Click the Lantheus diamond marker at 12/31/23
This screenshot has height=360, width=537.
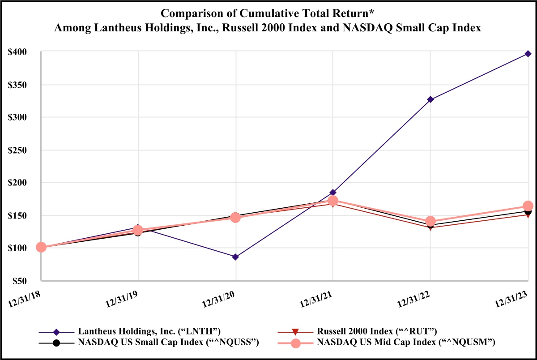pos(528,54)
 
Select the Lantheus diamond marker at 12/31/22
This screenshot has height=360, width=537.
pos(430,99)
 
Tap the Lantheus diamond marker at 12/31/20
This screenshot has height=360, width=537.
pos(235,257)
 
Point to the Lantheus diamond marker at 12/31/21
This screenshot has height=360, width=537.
pos(332,193)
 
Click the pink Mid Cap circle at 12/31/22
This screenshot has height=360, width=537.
pos(430,221)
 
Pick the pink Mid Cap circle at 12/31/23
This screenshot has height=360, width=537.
pos(528,206)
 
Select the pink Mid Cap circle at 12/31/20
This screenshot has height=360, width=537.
pos(235,218)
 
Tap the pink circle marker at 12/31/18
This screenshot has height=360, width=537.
pos(41,247)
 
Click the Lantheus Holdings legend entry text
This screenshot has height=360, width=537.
pos(149,332)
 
